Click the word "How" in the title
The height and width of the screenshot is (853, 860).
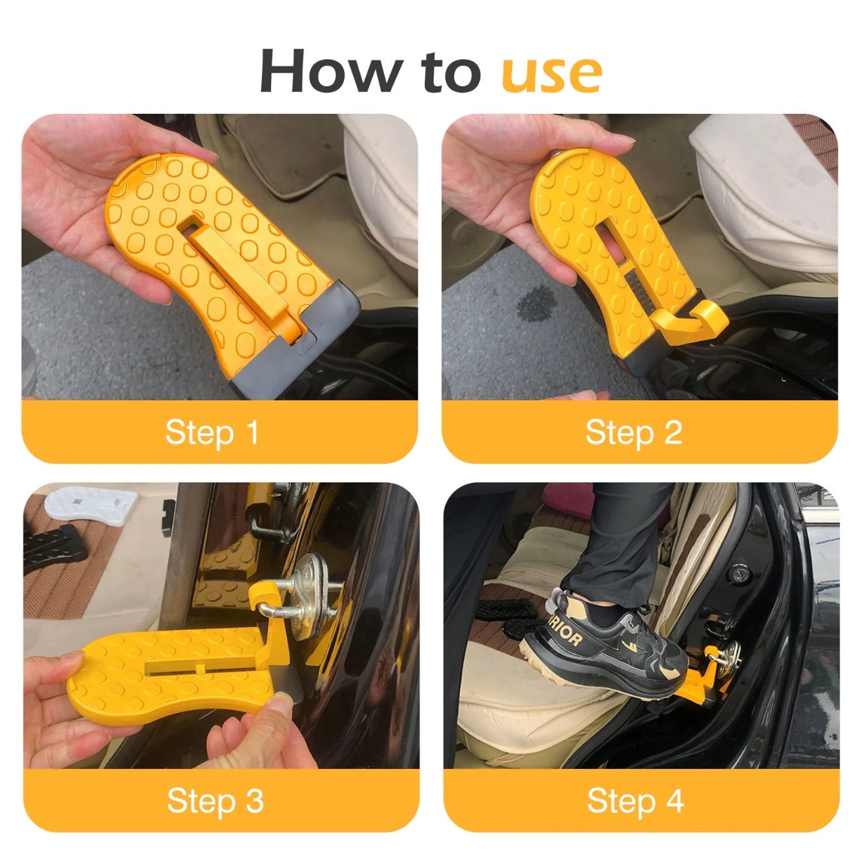click(x=330, y=70)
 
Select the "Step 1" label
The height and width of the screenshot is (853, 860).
click(x=212, y=432)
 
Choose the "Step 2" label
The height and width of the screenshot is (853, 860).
click(x=634, y=432)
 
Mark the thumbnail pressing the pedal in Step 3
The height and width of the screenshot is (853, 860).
click(x=278, y=704)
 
